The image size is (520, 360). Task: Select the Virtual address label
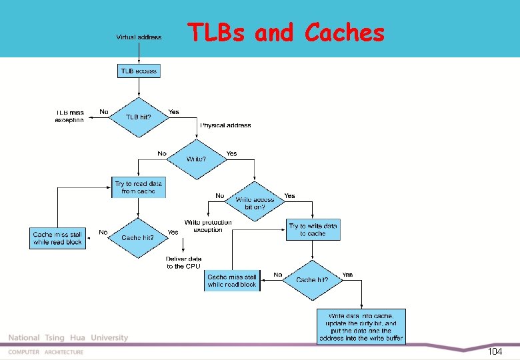pyautogui.click(x=139, y=37)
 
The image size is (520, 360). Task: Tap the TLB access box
pyautogui.click(x=139, y=70)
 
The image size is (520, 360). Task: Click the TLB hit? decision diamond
pyautogui.click(x=139, y=117)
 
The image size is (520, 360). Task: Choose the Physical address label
pyautogui.click(x=226, y=125)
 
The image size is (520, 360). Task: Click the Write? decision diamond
pyautogui.click(x=196, y=159)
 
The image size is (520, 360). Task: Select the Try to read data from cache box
pyautogui.click(x=139, y=187)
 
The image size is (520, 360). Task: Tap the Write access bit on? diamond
pyautogui.click(x=254, y=202)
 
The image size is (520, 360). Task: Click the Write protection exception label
pyautogui.click(x=208, y=226)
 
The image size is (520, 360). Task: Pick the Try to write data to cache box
pyautogui.click(x=313, y=230)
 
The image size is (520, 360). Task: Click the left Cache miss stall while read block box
pyautogui.click(x=57, y=239)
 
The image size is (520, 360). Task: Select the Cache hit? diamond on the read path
pyautogui.click(x=138, y=238)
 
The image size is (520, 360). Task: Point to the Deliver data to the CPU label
pyautogui.click(x=183, y=262)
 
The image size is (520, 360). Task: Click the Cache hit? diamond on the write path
pyautogui.click(x=312, y=280)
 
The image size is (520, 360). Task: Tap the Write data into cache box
pyautogui.click(x=361, y=326)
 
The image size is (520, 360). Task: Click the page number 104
pyautogui.click(x=495, y=351)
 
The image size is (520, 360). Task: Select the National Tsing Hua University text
pyautogui.click(x=68, y=338)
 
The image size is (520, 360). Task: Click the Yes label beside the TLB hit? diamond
pyautogui.click(x=174, y=111)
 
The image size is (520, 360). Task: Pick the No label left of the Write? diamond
pyautogui.click(x=162, y=153)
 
